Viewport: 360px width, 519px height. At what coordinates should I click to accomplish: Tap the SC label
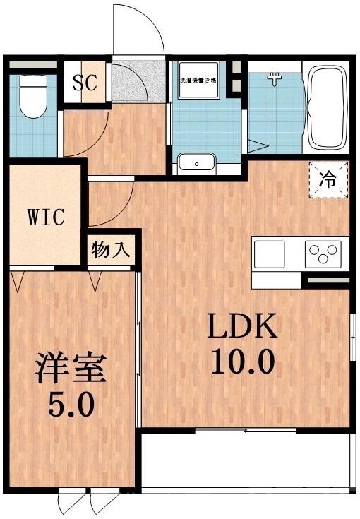[85, 83]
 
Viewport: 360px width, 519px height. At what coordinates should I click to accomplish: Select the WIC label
[47, 215]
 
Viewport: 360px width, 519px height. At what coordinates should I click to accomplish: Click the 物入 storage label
[111, 251]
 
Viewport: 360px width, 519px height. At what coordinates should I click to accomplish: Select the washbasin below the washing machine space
[196, 162]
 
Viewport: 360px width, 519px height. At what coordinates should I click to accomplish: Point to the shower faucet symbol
[275, 79]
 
